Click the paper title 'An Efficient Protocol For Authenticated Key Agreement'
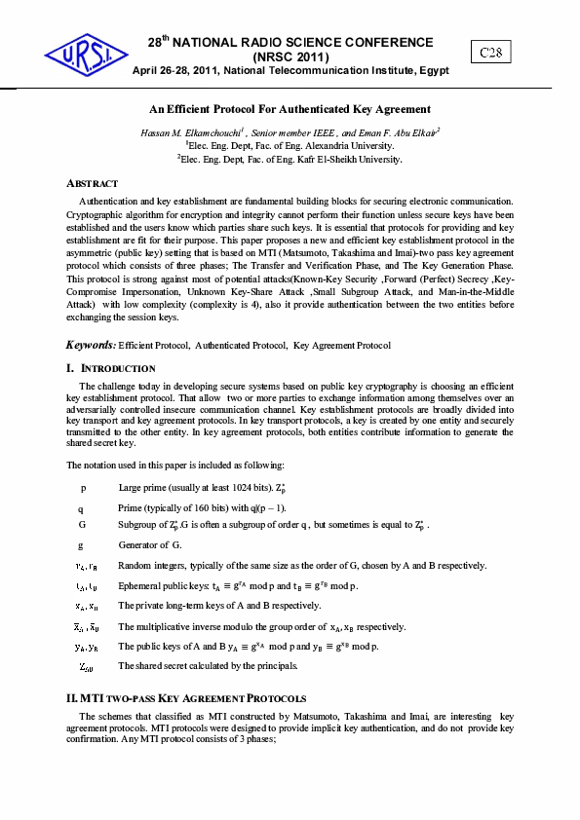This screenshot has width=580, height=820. tap(290, 109)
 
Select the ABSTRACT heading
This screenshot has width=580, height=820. tap(92, 184)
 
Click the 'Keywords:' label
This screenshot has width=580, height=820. tap(91, 345)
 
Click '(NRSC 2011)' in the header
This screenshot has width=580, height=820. tap(290, 56)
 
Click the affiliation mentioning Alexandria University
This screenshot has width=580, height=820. tap(290, 144)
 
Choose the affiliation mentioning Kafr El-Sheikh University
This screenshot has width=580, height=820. tap(290, 158)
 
